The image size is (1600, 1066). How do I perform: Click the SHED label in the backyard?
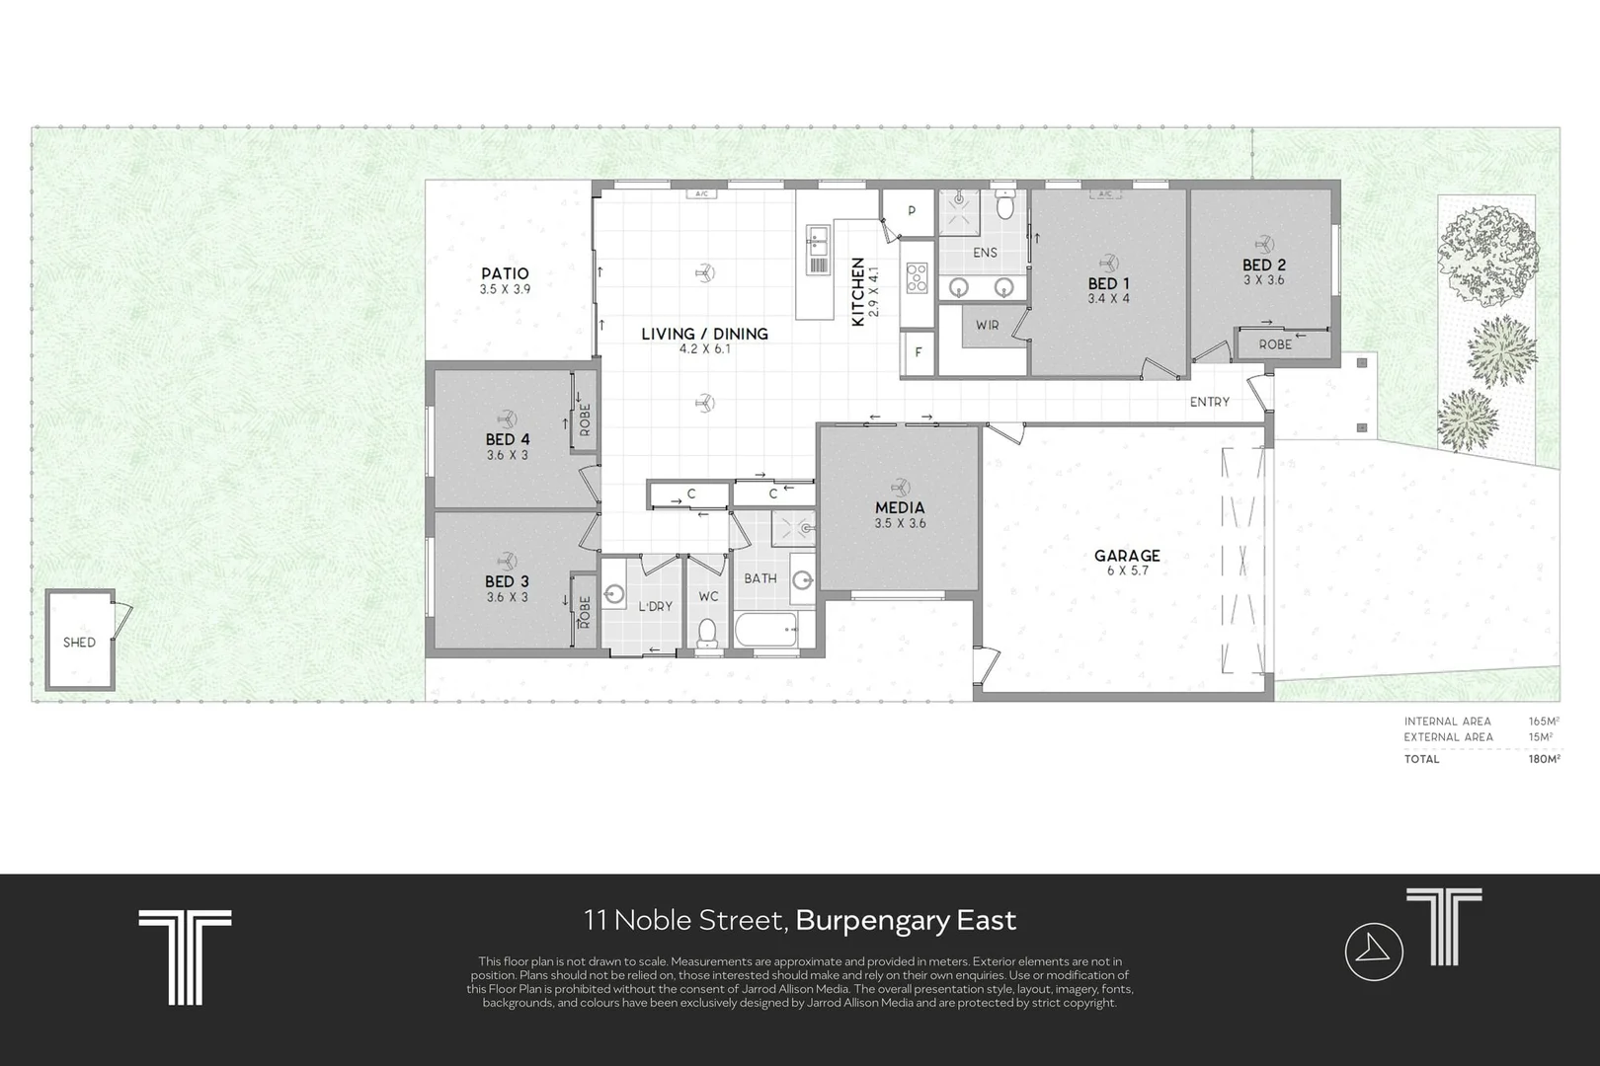pos(79,643)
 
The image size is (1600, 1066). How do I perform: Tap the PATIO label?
pos(505,273)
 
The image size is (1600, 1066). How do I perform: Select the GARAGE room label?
pos(1127,556)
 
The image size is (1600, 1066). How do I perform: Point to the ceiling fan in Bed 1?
pos(1108,263)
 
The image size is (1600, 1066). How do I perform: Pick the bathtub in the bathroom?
pos(766,630)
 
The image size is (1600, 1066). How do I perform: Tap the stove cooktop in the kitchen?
pos(918,278)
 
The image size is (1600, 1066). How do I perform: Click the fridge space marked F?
pos(918,352)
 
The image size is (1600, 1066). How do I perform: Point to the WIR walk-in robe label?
pos(987,326)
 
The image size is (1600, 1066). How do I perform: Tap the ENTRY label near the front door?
pos(1209,403)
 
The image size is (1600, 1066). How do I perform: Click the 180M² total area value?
pos(1544,759)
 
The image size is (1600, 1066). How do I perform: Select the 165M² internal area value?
pos(1544,722)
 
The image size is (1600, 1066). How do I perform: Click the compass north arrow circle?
pos(1374,952)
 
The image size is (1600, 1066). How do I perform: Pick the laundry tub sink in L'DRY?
pos(613,594)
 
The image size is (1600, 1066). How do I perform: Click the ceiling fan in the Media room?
pos(900,488)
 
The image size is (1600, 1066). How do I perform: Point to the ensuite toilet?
pos(1005,205)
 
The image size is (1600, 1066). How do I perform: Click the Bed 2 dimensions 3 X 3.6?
pos(1263,280)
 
